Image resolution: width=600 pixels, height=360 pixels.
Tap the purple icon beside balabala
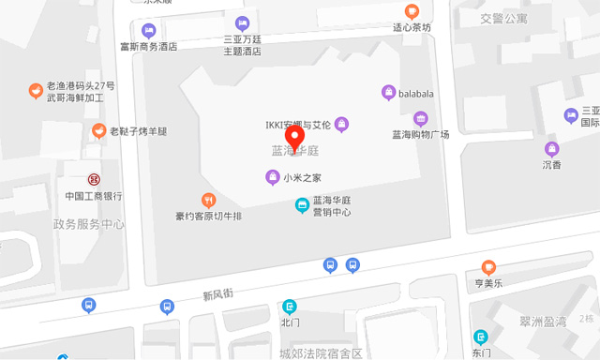[389, 93]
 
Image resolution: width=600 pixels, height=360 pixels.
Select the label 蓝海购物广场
[421, 134]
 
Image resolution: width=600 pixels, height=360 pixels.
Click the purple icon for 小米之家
[272, 177]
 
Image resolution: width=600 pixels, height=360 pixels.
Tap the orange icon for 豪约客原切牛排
[209, 200]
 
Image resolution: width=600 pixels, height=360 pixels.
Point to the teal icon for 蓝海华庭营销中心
[302, 205]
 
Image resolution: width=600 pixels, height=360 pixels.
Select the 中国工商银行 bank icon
[94, 179]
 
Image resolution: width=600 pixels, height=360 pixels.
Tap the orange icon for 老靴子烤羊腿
[98, 130]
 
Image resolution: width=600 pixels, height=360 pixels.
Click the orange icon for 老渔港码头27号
[35, 91]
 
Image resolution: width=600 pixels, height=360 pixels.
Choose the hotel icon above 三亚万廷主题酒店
[242, 22]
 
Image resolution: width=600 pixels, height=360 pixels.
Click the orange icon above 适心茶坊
[412, 11]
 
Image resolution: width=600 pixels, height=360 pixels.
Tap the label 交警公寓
[503, 19]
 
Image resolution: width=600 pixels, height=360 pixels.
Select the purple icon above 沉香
[551, 148]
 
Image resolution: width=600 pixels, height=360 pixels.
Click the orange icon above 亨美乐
[487, 267]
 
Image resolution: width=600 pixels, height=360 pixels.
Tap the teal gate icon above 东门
[481, 337]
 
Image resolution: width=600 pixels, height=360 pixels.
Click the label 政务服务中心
[89, 224]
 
